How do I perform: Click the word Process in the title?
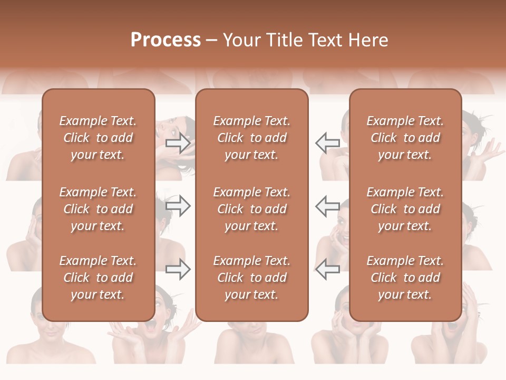166,40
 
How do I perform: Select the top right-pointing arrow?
178,143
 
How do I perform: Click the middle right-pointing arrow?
178,206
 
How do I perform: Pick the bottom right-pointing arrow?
178,270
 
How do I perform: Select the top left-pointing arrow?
327,143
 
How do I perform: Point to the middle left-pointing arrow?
327,206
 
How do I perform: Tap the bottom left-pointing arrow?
327,270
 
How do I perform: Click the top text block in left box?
98,138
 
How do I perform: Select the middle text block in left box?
98,209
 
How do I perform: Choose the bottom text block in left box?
98,278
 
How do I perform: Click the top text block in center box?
252,138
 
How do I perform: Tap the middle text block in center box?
252,209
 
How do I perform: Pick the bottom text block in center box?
252,278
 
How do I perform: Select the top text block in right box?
405,138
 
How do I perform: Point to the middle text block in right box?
405,209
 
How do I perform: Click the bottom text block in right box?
405,278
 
